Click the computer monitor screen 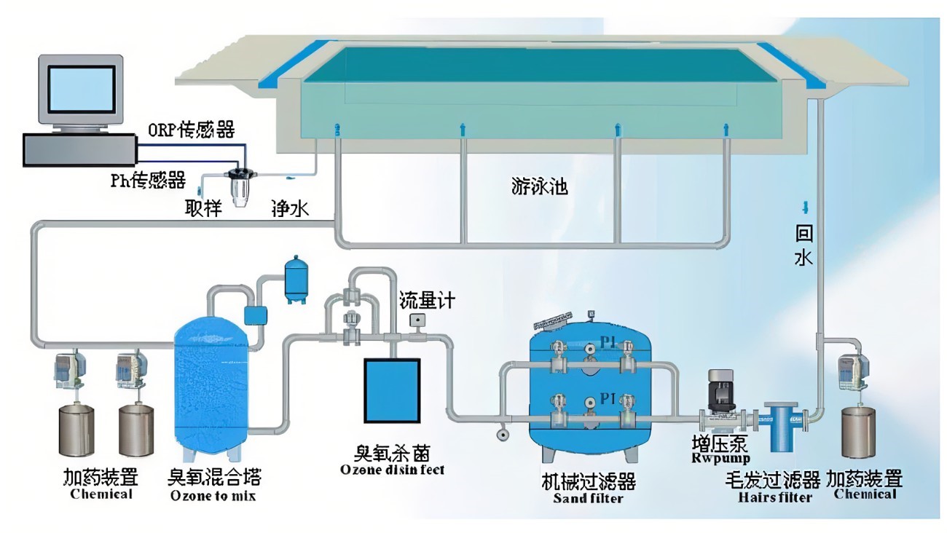point(81,89)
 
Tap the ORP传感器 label point(192,130)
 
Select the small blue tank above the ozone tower point(295,278)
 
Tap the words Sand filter point(588,498)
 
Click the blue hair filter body point(782,426)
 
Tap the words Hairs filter point(774,497)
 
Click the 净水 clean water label point(290,209)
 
